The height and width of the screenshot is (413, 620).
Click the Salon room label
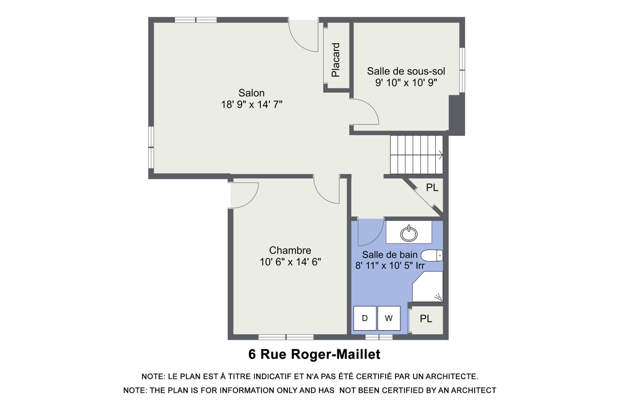pyautogui.click(x=252, y=93)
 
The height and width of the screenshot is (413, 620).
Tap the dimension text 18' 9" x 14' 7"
pyautogui.click(x=252, y=105)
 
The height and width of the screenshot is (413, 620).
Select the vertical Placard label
pyautogui.click(x=336, y=60)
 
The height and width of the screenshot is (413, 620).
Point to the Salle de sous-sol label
pyautogui.click(x=406, y=71)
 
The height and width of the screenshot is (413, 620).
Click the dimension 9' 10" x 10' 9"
pyautogui.click(x=406, y=83)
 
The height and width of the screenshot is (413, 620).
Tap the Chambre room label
pyautogui.click(x=290, y=250)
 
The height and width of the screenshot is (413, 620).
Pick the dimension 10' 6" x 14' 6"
pyautogui.click(x=290, y=262)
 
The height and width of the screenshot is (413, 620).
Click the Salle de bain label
pyautogui.click(x=390, y=255)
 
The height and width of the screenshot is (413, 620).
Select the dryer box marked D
pyautogui.click(x=365, y=318)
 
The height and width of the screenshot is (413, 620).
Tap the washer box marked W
pyautogui.click(x=389, y=318)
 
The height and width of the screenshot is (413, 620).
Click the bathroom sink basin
pyautogui.click(x=409, y=234)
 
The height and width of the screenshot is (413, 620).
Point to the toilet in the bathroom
pyautogui.click(x=432, y=256)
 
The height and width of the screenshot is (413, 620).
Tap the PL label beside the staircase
pyautogui.click(x=432, y=187)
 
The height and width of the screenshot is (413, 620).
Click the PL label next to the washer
pyautogui.click(x=426, y=319)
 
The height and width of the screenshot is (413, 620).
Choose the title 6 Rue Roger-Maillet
pyautogui.click(x=314, y=354)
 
